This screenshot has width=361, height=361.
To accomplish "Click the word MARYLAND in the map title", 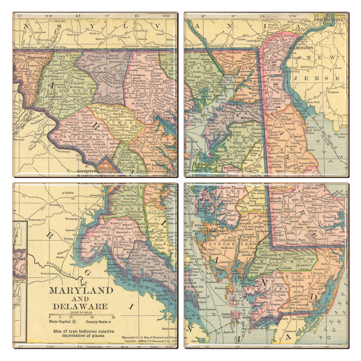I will (x=80, y=290).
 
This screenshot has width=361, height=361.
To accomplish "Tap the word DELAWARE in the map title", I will (x=80, y=306).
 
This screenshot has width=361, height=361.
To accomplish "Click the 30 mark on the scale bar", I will (x=113, y=317).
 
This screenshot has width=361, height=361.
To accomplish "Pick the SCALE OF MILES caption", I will (x=81, y=313).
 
